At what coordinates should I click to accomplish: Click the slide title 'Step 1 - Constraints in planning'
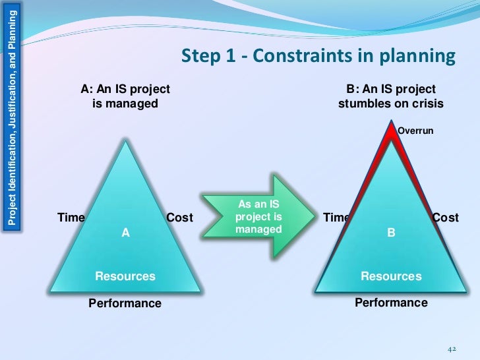(318, 56)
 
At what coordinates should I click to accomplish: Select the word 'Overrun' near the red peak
(415, 131)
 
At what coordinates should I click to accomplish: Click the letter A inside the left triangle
(125, 232)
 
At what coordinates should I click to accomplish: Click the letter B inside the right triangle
(390, 232)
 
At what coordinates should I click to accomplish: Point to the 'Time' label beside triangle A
(71, 218)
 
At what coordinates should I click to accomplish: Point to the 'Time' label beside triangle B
(336, 218)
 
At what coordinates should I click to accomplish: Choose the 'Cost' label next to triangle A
(179, 218)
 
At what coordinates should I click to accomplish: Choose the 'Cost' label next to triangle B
(445, 218)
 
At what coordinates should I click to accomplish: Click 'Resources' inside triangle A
(125, 276)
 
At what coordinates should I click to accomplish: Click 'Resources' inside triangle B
(391, 276)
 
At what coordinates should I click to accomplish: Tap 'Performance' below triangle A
(125, 303)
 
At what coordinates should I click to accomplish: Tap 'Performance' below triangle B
(391, 303)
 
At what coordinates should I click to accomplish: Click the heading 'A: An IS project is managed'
(125, 96)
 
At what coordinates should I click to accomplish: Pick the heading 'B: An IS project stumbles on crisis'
(391, 96)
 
